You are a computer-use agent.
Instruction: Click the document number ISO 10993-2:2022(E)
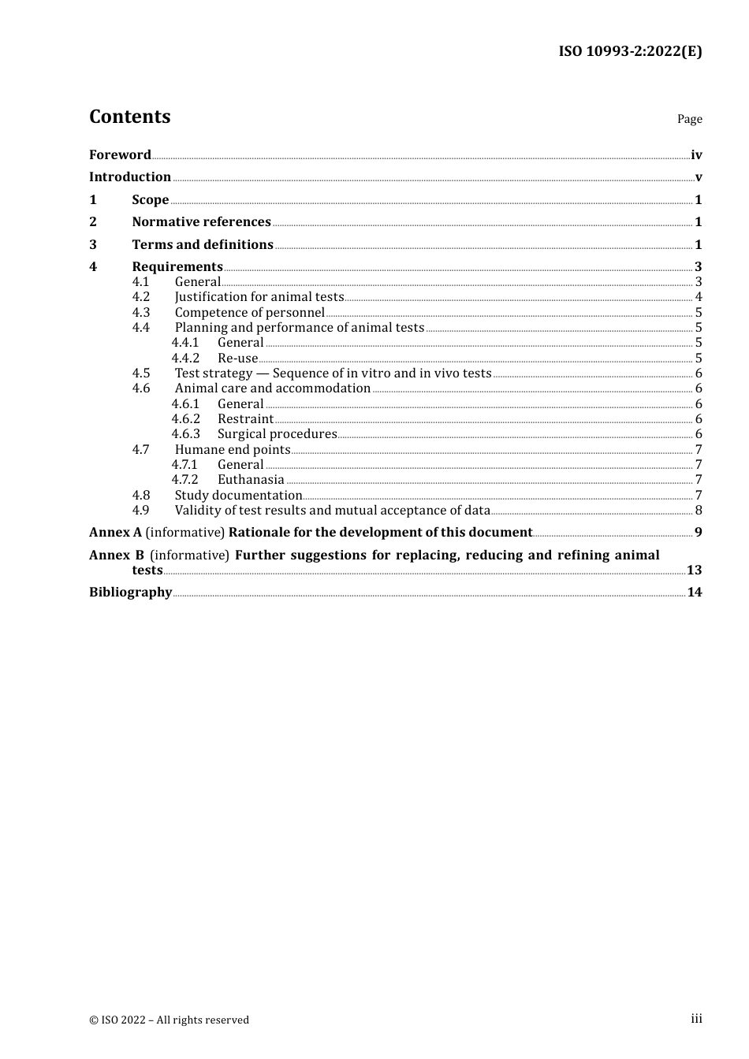(630, 51)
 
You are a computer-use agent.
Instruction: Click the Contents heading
(129, 117)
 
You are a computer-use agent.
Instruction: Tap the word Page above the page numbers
(689, 119)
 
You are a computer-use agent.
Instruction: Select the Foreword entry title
(120, 154)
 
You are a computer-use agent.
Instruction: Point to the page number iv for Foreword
(696, 155)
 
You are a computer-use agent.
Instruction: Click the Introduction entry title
(130, 176)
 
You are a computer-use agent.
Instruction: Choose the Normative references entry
(201, 221)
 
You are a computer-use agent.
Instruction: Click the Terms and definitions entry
(203, 244)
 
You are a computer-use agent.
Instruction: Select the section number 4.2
(141, 297)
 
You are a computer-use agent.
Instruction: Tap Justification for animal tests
(259, 297)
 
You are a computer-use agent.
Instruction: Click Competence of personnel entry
(249, 312)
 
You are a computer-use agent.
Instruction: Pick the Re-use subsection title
(237, 358)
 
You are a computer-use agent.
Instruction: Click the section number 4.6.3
(186, 434)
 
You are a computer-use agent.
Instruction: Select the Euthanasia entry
(251, 480)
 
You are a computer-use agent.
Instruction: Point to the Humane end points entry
(233, 449)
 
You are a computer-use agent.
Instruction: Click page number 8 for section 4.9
(699, 511)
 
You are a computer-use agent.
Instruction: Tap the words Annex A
(115, 532)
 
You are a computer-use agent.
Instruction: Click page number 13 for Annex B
(694, 570)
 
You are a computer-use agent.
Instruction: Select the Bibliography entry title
(130, 592)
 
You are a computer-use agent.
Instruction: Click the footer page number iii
(696, 1019)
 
